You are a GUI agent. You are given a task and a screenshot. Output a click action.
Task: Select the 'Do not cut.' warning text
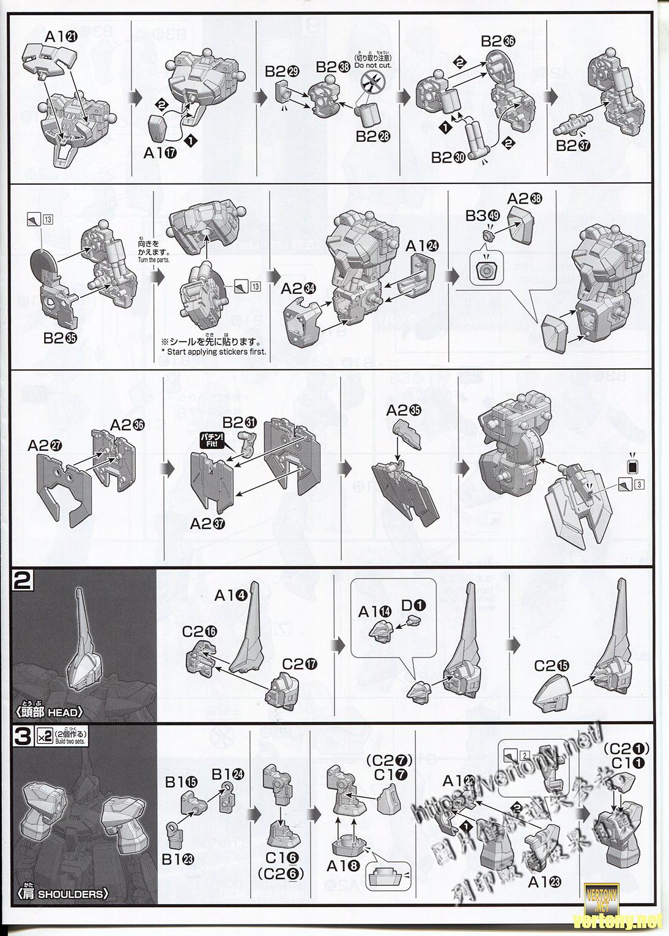(372, 65)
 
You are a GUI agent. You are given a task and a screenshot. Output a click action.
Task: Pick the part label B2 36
(498, 41)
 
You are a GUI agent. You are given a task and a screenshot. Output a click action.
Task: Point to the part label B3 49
(482, 215)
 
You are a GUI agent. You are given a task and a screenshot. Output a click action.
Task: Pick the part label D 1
(415, 605)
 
